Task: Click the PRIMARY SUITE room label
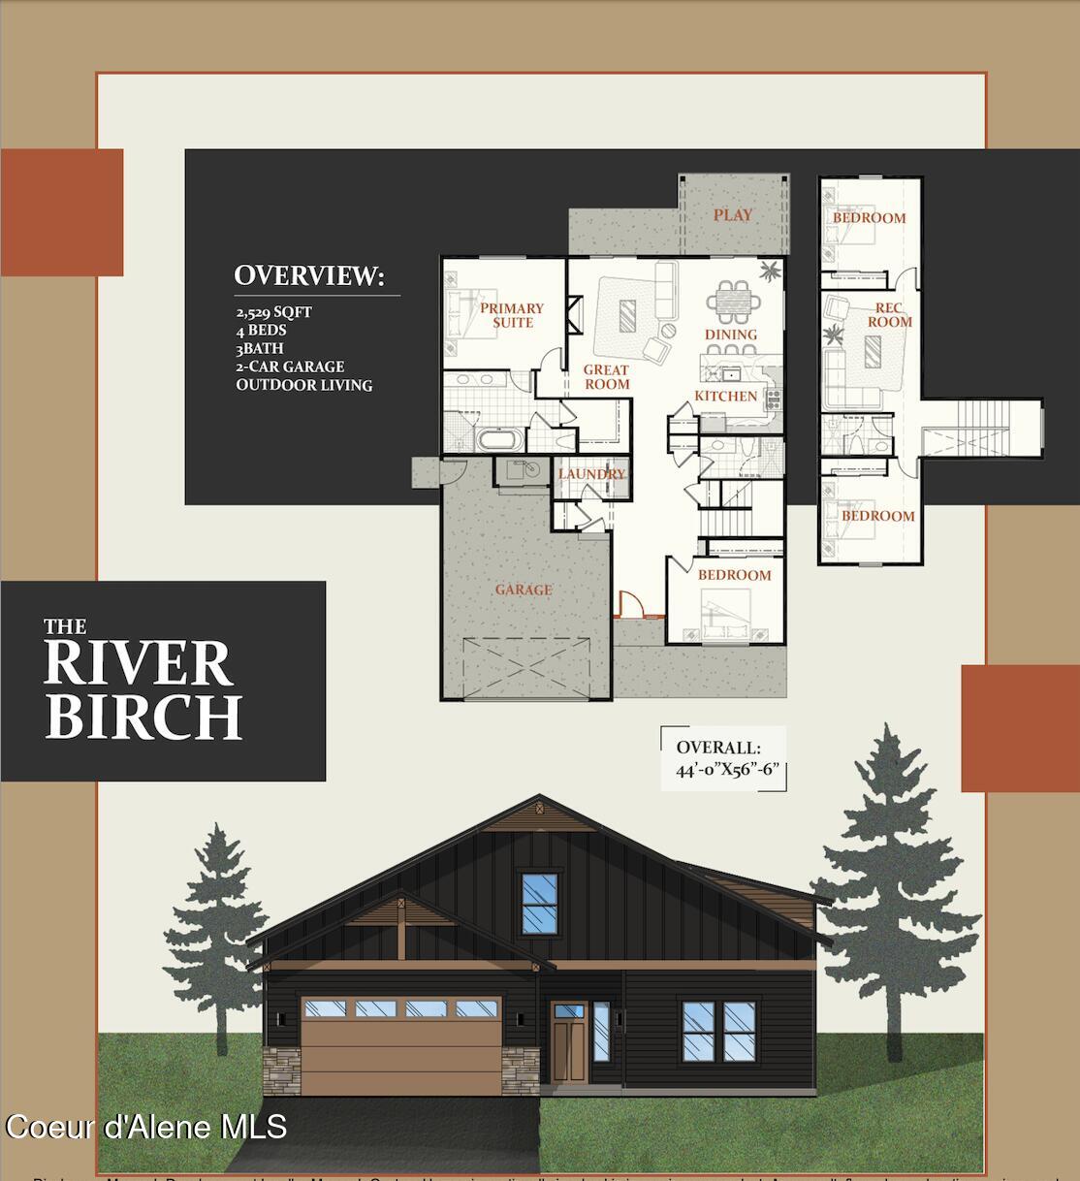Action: [x=512, y=315]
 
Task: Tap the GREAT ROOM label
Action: [x=606, y=377]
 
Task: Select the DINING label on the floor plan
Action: [x=730, y=335]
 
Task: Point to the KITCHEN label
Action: [x=725, y=396]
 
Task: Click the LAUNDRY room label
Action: [x=590, y=474]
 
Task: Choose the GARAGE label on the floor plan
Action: [x=524, y=590]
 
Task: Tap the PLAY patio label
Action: [x=732, y=215]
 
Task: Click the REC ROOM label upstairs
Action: [x=888, y=315]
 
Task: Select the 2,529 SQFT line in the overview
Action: [x=273, y=312]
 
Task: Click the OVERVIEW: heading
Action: [x=309, y=275]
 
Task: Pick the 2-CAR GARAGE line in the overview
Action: [x=290, y=367]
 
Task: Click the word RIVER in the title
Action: [x=138, y=664]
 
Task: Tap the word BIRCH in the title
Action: [x=143, y=717]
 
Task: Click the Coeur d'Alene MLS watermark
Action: [x=145, y=1127]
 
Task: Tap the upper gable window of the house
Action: [x=540, y=904]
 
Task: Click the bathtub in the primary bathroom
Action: [x=499, y=439]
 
